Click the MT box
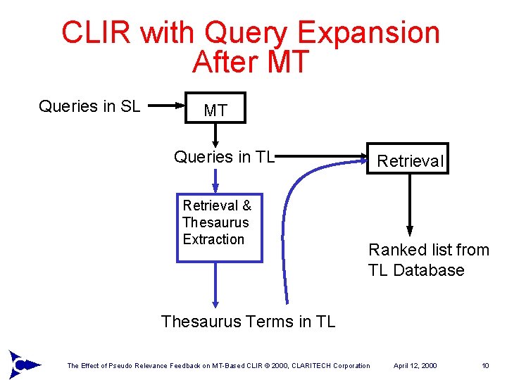click(215, 108)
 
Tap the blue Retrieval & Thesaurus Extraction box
click(218, 227)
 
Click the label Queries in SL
click(89, 106)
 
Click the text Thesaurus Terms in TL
click(248, 322)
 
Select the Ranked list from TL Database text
click(428, 260)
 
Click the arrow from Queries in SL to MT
click(168, 107)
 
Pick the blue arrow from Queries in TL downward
click(215, 179)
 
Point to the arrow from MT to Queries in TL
click(215, 135)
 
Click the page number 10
click(485, 365)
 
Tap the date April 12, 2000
click(415, 365)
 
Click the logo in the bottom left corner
click(21, 363)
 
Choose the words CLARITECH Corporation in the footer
click(334, 365)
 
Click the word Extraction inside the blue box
click(213, 239)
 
